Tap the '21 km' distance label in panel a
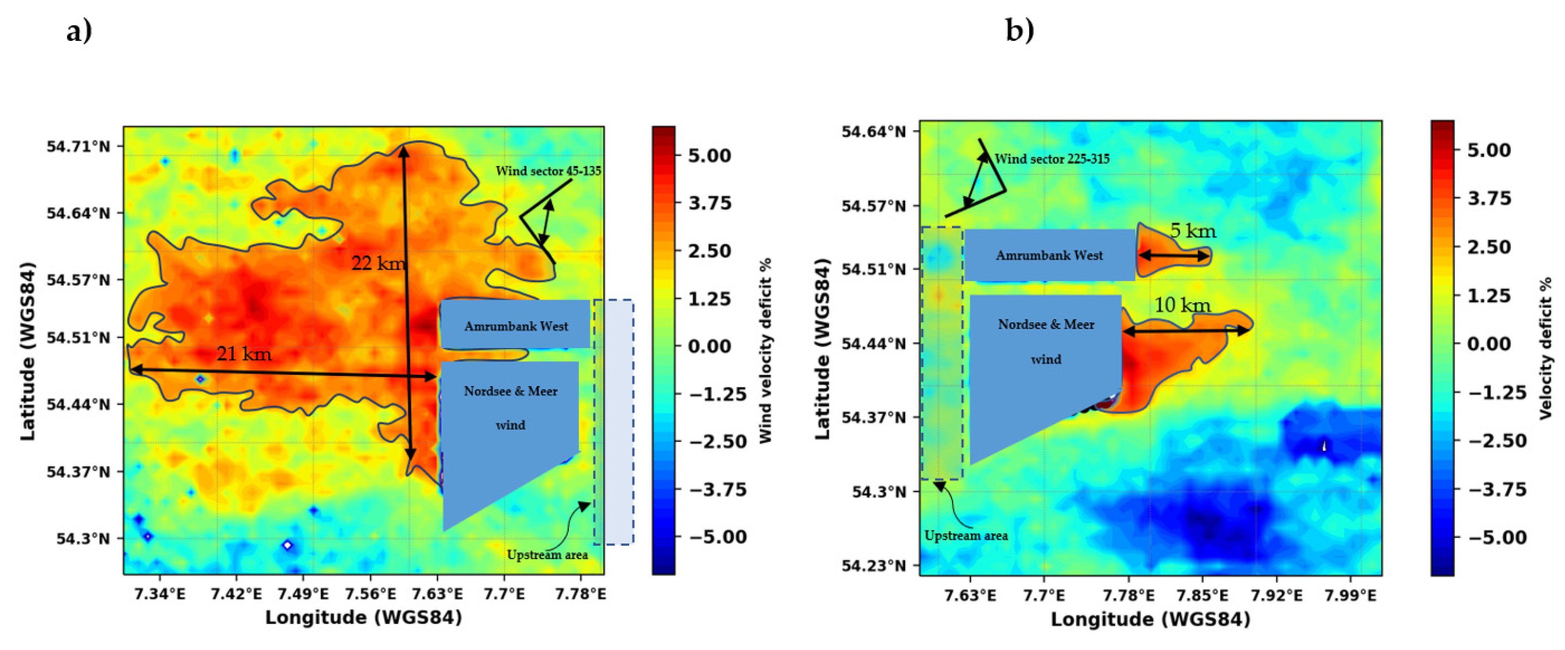pyautogui.click(x=244, y=354)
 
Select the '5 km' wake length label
pyautogui.click(x=1193, y=231)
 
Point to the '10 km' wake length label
pyautogui.click(x=1181, y=305)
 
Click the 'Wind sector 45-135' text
pyautogui.click(x=548, y=171)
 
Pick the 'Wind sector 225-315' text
pyautogui.click(x=1052, y=159)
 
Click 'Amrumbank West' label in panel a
pyautogui.click(x=516, y=326)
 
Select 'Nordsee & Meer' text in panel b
pyautogui.click(x=1046, y=325)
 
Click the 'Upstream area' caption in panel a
pyautogui.click(x=547, y=555)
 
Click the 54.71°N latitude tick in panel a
pyautogui.click(x=78, y=147)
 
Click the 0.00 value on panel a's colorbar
pyautogui.click(x=709, y=346)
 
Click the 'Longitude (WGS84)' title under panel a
pyautogui.click(x=363, y=618)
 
